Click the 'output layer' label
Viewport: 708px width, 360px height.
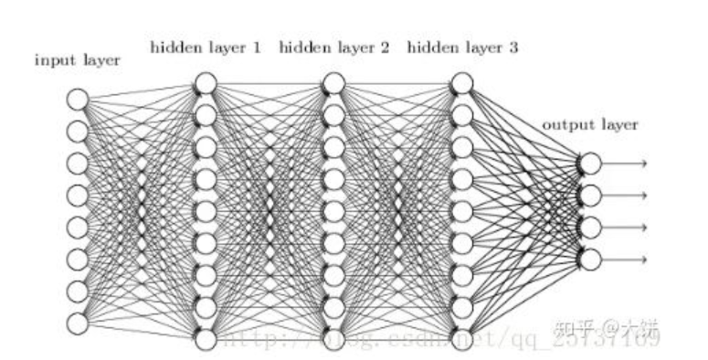coord(589,124)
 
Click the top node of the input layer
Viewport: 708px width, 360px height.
coord(78,99)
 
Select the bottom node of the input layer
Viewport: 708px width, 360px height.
coord(78,323)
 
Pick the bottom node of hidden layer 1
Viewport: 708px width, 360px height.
coord(206,339)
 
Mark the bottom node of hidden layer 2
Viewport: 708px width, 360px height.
coord(333,339)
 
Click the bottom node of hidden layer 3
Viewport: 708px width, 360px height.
coord(462,339)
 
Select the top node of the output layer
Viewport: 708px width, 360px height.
coord(590,164)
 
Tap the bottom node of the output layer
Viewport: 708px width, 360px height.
coord(590,259)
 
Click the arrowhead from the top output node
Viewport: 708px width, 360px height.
coord(644,164)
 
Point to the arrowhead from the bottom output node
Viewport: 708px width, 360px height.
coord(644,259)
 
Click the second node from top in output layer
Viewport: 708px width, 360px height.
coord(590,196)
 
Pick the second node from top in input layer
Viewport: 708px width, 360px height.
coord(78,131)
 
